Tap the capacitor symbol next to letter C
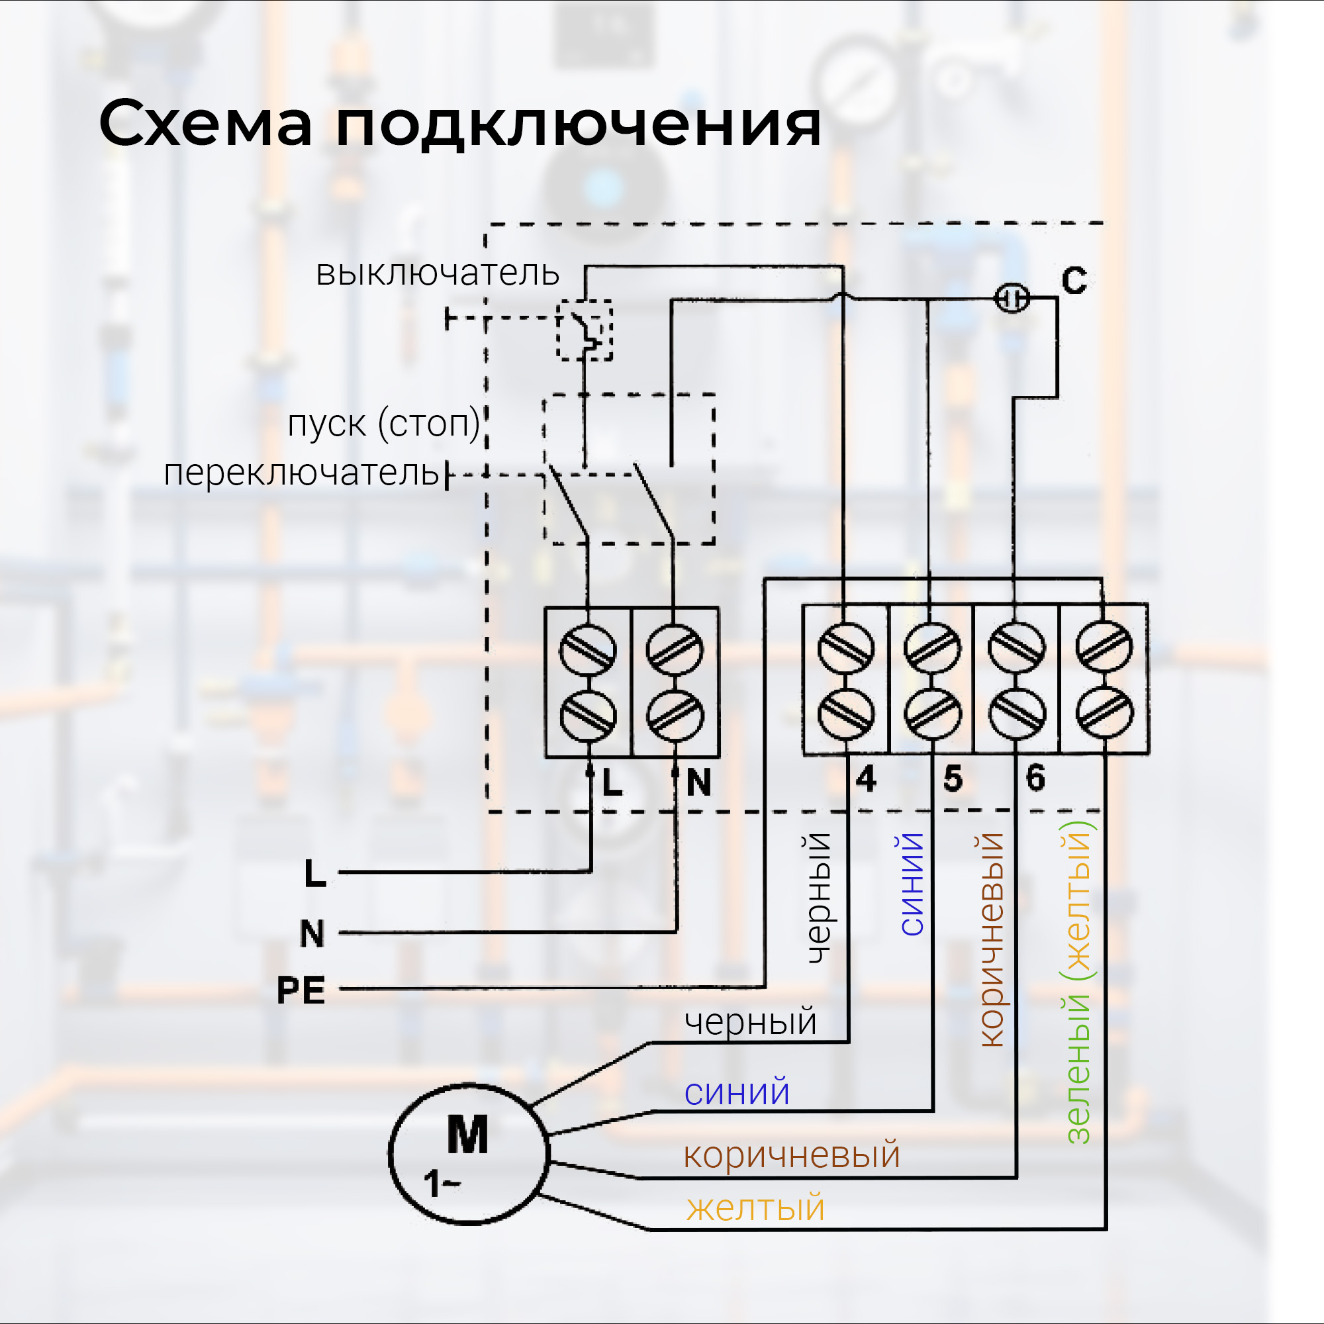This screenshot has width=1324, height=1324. [x=1012, y=298]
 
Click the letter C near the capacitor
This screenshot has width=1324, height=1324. [x=1074, y=280]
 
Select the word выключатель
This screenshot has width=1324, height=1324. [x=437, y=273]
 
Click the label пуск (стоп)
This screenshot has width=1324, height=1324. [x=384, y=424]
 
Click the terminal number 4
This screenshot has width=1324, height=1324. [x=866, y=779]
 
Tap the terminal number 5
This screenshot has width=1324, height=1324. [x=953, y=779]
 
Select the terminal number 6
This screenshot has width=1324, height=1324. [x=1035, y=778]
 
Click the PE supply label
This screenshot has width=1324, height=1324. [x=301, y=991]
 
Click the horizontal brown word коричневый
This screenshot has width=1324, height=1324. [x=792, y=1155]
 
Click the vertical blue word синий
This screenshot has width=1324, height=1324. [x=912, y=884]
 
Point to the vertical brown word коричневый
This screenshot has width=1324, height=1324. [x=992, y=939]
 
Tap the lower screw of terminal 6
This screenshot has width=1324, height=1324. [x=1017, y=714]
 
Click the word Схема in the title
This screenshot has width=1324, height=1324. [x=206, y=124]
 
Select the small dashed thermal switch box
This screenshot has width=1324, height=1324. [x=584, y=330]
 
